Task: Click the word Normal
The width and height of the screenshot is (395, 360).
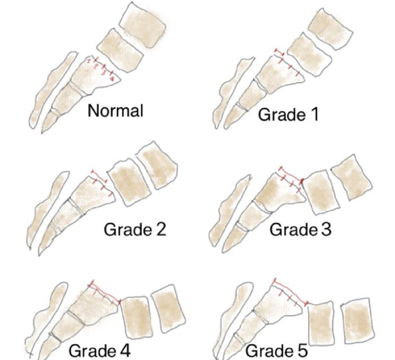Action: click(x=115, y=110)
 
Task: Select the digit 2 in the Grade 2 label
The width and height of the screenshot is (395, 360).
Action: click(x=161, y=229)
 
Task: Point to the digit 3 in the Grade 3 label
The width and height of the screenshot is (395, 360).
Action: click(x=326, y=230)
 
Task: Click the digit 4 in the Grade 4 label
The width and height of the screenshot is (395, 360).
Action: click(x=125, y=351)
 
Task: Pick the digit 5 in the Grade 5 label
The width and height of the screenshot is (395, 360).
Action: click(x=302, y=351)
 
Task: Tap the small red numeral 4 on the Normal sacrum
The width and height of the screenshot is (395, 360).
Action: click(x=112, y=79)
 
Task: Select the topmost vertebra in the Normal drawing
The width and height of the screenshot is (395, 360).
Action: click(x=143, y=25)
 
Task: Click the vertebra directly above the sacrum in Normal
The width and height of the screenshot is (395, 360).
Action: click(x=120, y=51)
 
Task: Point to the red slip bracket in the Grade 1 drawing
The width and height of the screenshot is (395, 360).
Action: click(x=279, y=52)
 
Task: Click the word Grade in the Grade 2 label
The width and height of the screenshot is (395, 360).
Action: click(x=128, y=229)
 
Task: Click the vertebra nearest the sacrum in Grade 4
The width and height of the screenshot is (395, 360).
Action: click(x=137, y=317)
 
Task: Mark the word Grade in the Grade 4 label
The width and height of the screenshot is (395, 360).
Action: click(x=93, y=351)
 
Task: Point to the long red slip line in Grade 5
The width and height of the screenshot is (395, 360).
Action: click(x=290, y=291)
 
